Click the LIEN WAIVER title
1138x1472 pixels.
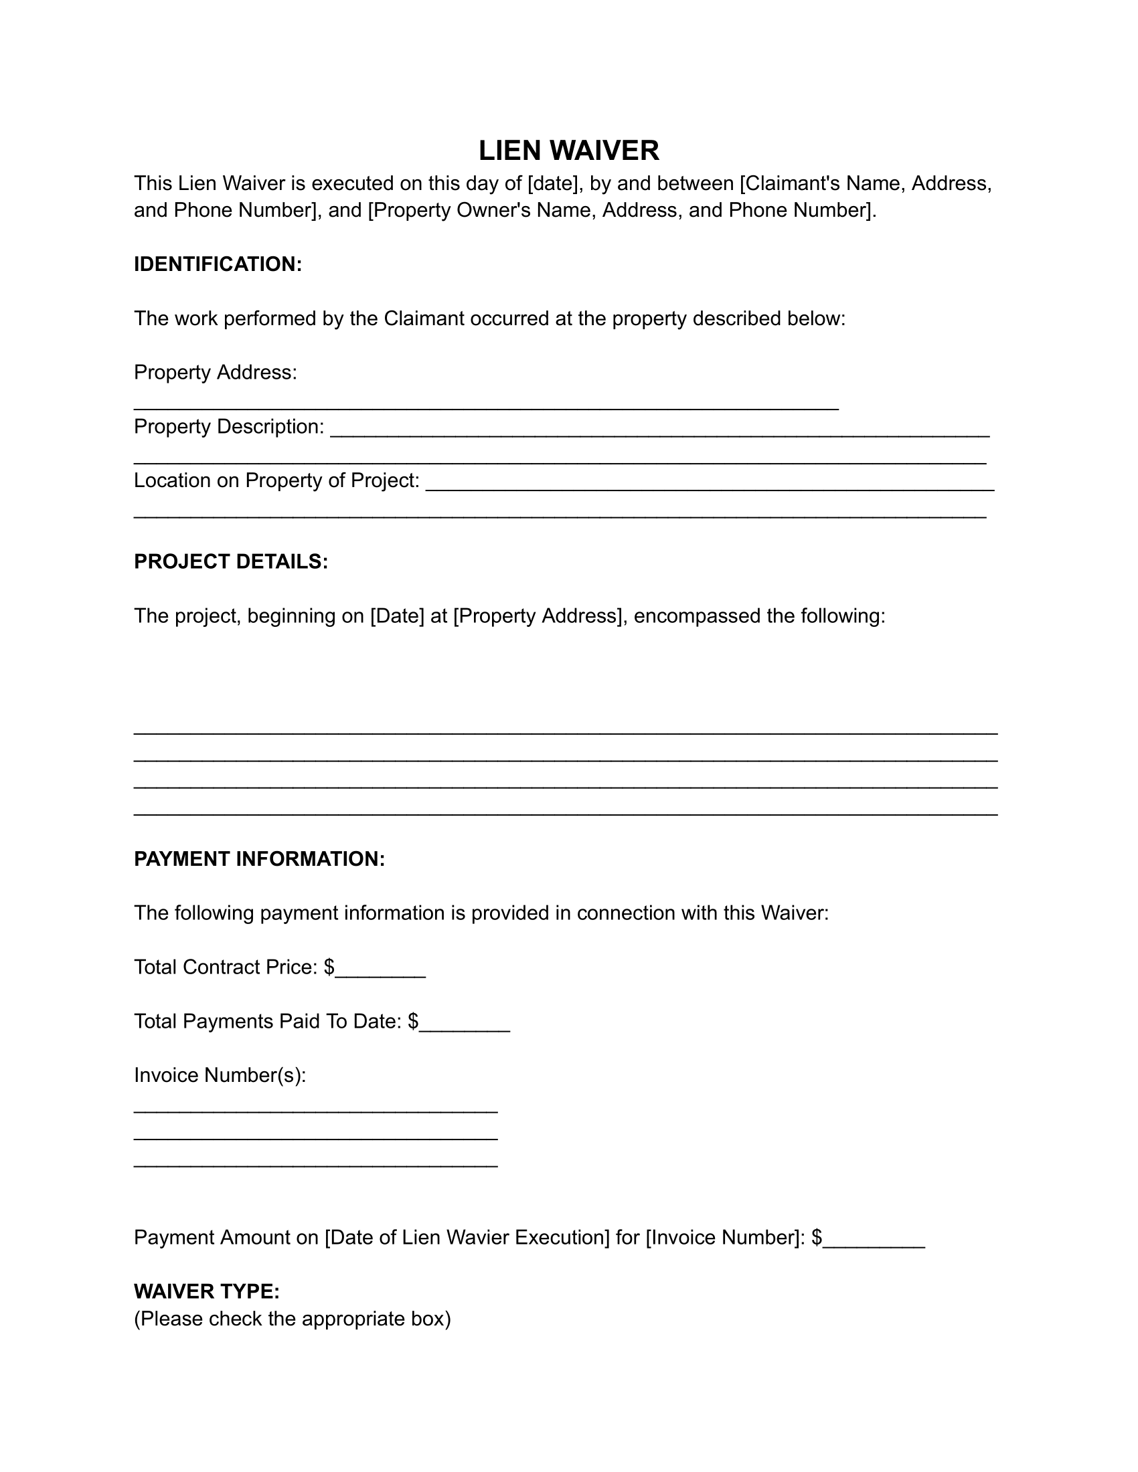click(x=568, y=151)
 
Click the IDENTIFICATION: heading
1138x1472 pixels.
click(x=218, y=264)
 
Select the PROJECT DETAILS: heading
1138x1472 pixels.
click(x=230, y=561)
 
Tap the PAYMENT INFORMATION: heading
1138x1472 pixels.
click(x=259, y=858)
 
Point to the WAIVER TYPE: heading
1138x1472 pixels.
click(x=206, y=1291)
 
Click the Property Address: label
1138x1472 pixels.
click(x=215, y=372)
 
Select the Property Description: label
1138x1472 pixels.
click(x=228, y=427)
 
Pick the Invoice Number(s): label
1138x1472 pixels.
click(x=220, y=1075)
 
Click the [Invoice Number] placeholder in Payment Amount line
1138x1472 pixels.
click(x=724, y=1236)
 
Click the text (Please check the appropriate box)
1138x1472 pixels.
click(x=292, y=1318)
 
